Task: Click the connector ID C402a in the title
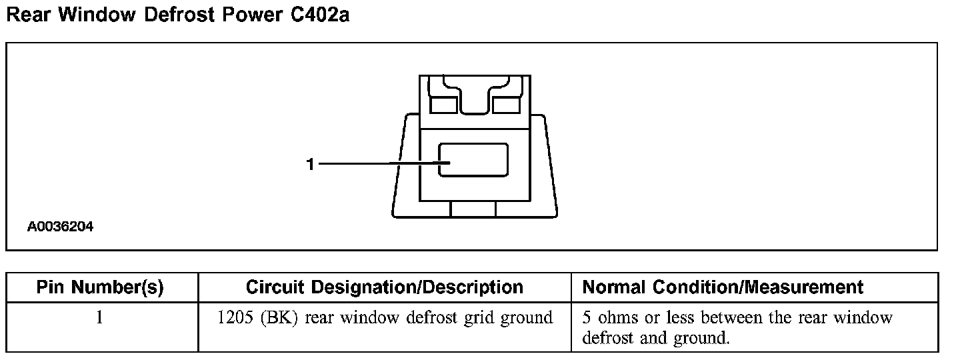319,15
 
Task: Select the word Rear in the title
29,15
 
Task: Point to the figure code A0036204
60,227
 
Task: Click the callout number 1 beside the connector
310,163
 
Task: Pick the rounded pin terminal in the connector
473,160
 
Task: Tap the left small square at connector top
443,105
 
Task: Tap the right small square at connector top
506,105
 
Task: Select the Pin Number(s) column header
100,287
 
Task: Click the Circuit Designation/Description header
385,287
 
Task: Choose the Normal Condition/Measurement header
723,287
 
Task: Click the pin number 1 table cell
100,318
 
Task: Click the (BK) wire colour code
277,318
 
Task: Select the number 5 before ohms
587,318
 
